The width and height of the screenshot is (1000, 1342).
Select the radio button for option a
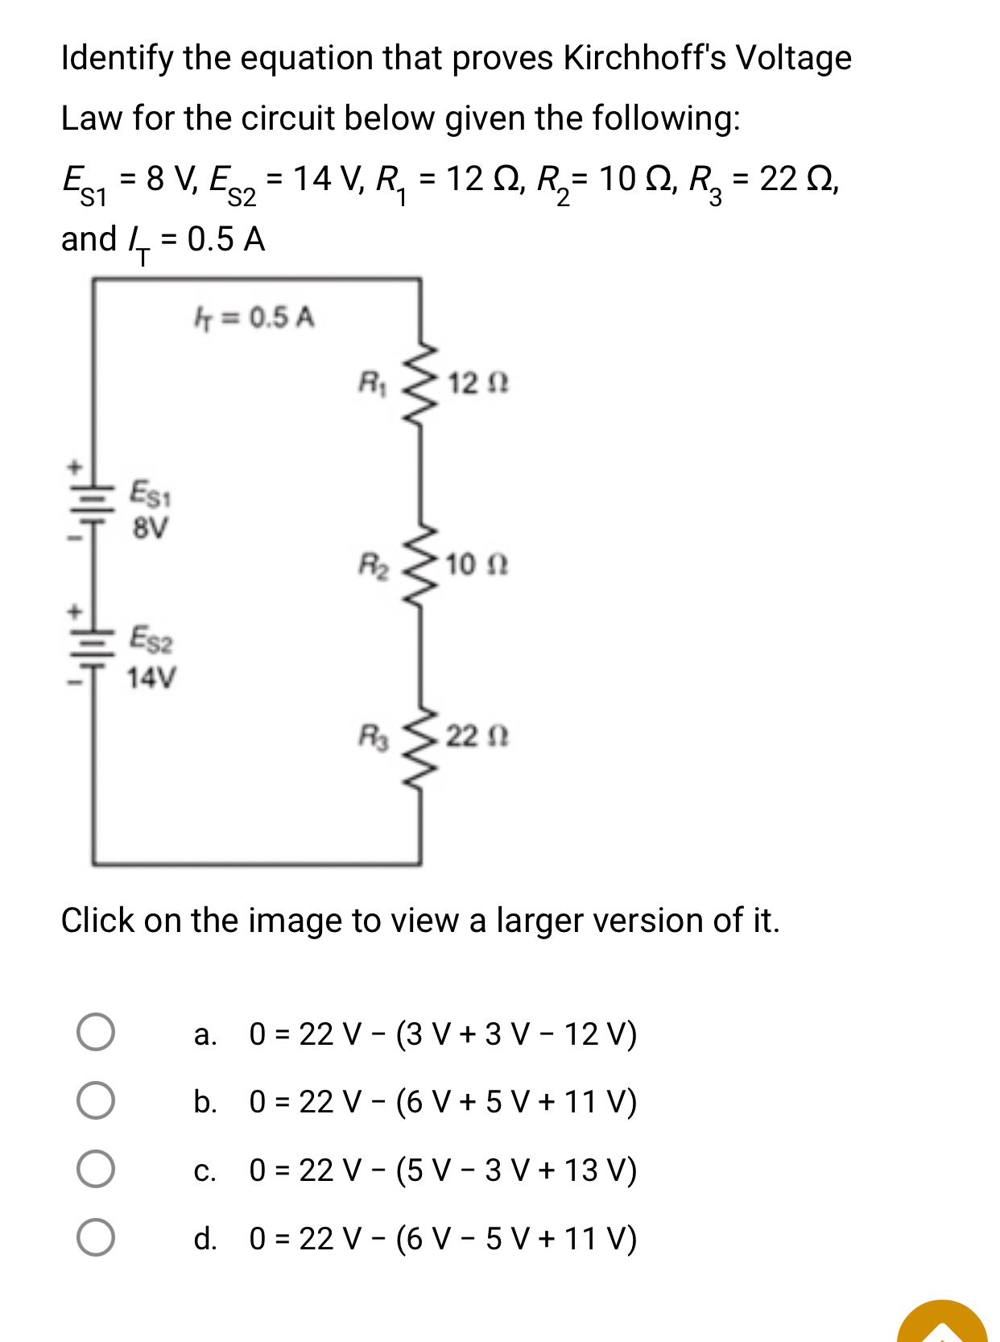96,1032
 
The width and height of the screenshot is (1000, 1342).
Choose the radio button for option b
96,1100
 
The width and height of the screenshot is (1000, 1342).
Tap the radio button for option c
96,1169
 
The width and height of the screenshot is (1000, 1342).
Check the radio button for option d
96,1237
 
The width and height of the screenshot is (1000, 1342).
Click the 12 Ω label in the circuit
477,383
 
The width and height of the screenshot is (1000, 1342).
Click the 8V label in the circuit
151,528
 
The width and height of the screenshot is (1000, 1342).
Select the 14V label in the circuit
151,678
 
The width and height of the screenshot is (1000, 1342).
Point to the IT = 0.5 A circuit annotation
254,318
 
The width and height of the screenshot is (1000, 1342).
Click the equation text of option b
443,1101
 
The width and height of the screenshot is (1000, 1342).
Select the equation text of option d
443,1238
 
